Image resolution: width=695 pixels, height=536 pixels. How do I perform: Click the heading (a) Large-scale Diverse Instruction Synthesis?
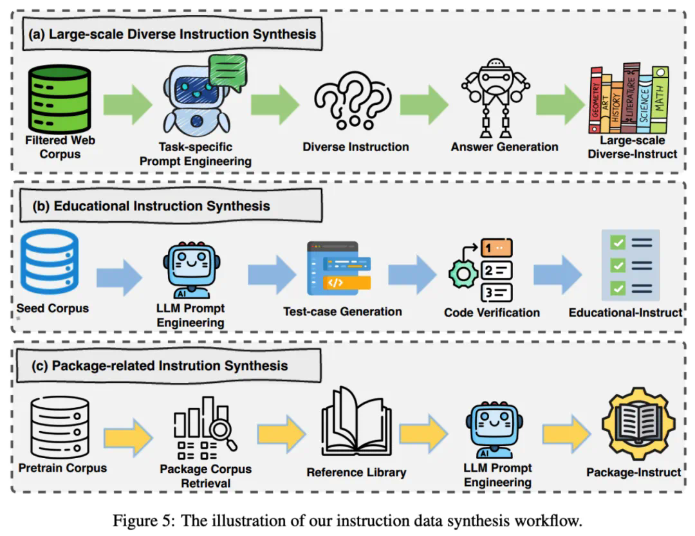click(172, 33)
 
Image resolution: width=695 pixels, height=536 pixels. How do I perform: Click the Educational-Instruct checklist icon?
click(629, 265)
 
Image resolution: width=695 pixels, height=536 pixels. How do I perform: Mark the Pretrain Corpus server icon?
click(59, 426)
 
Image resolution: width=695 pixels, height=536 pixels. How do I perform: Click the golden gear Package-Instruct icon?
click(635, 428)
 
